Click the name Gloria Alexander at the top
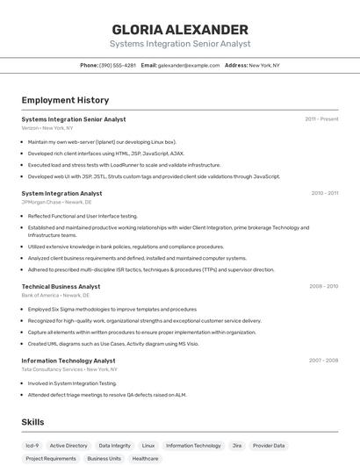click(180, 29)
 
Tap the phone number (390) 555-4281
click(118, 65)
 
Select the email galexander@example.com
click(189, 65)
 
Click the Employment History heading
click(65, 100)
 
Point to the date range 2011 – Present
click(321, 119)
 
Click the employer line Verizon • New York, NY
click(47, 128)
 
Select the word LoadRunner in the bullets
click(129, 165)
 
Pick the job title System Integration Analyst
click(61, 193)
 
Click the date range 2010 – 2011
click(324, 193)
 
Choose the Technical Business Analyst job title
click(61, 286)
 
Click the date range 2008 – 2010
click(323, 286)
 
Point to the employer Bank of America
click(40, 296)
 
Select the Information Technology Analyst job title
click(68, 361)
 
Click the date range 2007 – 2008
click(323, 361)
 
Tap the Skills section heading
click(32, 422)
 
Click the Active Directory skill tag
click(68, 446)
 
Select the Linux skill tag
click(148, 446)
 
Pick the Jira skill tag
click(237, 446)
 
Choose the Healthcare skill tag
click(146, 459)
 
